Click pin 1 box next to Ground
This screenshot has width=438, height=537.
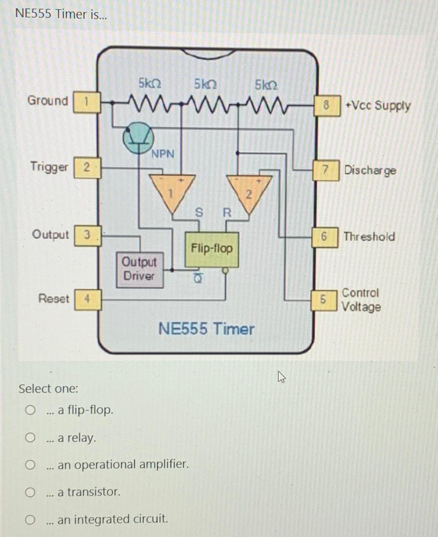87,102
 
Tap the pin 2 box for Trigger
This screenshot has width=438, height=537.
87,167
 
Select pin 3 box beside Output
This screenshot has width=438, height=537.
88,235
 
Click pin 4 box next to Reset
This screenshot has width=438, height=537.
88,299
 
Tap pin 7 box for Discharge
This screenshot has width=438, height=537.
326,170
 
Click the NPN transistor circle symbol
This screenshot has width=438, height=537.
139,138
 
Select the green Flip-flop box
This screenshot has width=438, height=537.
212,249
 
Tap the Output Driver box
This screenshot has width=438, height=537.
140,269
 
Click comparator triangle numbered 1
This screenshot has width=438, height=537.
172,192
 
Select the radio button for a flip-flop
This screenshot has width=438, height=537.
30,410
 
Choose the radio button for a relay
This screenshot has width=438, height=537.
30,438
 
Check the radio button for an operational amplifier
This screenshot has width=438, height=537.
30,465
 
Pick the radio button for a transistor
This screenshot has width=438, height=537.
30,492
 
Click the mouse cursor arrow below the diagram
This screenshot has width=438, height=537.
282,378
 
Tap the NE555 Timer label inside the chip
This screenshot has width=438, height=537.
206,329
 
